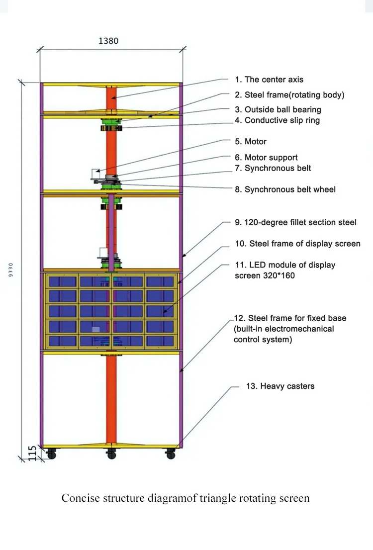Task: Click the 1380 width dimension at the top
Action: (108, 41)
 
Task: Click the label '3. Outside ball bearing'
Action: (278, 109)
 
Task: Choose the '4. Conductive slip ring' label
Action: (277, 120)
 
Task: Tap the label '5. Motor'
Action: (251, 142)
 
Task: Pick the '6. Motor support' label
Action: (266, 158)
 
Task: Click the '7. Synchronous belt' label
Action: (273, 168)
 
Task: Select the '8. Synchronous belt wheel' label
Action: (285, 189)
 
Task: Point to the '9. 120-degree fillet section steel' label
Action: (295, 222)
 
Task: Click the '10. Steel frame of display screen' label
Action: (297, 244)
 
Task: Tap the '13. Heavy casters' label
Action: (280, 386)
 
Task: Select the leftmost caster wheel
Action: (50, 454)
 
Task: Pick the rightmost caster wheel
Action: (171, 454)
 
